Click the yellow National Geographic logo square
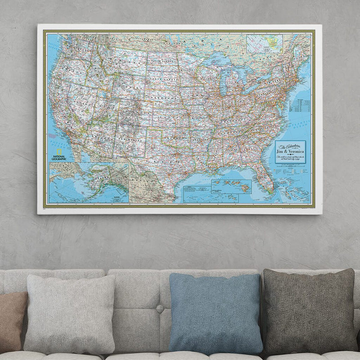57,150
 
